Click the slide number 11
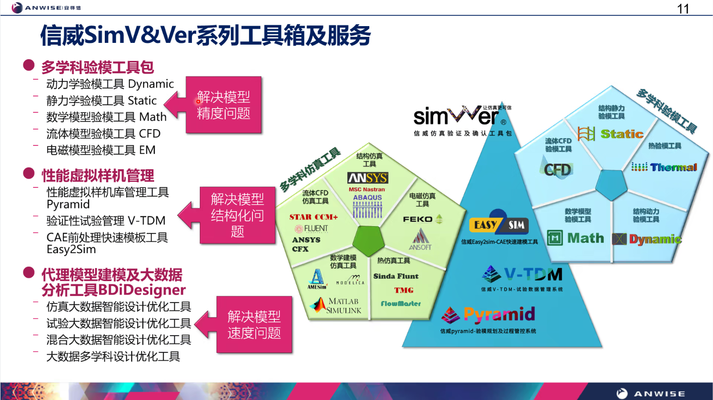(683, 9)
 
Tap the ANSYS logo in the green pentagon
(367, 178)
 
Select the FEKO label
(418, 219)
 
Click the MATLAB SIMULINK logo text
(344, 306)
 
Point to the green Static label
(622, 134)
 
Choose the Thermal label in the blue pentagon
(673, 167)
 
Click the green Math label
(585, 238)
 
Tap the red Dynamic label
(655, 239)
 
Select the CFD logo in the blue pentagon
(557, 169)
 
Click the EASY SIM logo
(499, 225)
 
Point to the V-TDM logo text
(533, 274)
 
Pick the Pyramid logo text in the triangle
(499, 315)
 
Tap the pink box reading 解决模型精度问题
(224, 105)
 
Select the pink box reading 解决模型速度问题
(254, 324)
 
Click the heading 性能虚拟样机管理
(98, 176)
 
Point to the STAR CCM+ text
(313, 217)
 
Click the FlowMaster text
(401, 303)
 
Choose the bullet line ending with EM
(101, 150)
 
